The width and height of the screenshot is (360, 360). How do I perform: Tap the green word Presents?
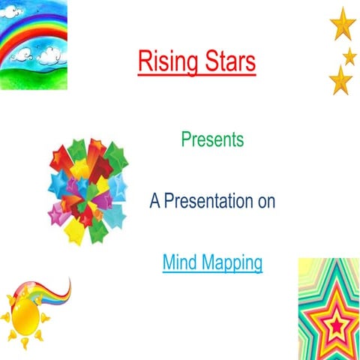(x=212, y=139)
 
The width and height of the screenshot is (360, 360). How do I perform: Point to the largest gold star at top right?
(x=343, y=23)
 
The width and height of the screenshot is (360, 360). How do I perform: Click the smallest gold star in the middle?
(x=349, y=56)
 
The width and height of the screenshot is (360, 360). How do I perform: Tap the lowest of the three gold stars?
(x=340, y=79)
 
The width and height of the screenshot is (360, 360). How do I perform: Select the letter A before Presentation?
(x=154, y=202)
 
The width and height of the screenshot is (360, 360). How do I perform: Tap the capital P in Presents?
(x=185, y=139)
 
